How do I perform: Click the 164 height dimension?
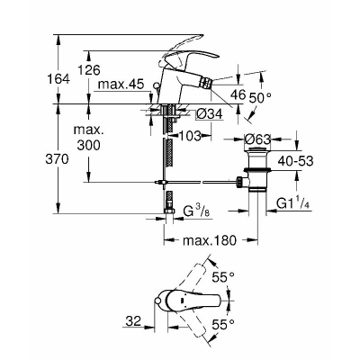pyautogui.click(x=58, y=79)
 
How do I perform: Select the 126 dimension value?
pyautogui.click(x=88, y=70)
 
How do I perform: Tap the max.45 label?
pyautogui.click(x=121, y=85)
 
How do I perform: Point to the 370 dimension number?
pyautogui.click(x=57, y=159)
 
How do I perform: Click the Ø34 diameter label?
pyautogui.click(x=210, y=113)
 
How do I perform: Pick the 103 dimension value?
pyautogui.click(x=190, y=136)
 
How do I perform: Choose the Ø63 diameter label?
pyautogui.click(x=257, y=139)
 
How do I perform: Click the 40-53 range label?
pyautogui.click(x=295, y=161)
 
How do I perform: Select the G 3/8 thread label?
pyautogui.click(x=196, y=211)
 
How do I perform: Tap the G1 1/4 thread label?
pyautogui.click(x=293, y=203)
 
